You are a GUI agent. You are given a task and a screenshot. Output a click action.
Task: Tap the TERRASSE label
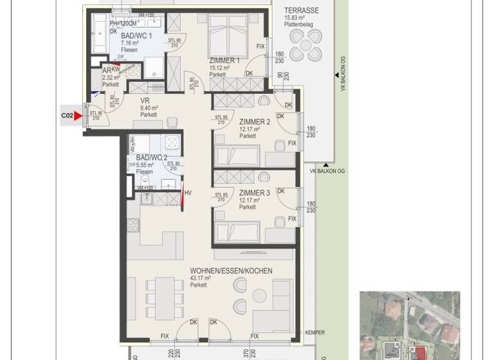(302, 11)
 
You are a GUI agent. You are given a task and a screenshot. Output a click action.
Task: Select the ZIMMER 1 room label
(224, 60)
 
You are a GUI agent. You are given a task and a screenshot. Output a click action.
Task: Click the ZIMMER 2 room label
(254, 122)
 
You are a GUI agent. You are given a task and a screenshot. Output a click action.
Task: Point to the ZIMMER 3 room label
(254, 193)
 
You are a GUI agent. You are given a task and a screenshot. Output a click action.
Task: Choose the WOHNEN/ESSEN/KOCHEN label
(231, 271)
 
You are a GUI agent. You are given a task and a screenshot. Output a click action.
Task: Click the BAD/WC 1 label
(136, 36)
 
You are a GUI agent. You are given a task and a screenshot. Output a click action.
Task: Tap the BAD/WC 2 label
(152, 157)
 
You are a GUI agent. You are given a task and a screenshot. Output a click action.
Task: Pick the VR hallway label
(145, 100)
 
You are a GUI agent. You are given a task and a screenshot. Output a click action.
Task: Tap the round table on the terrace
(306, 45)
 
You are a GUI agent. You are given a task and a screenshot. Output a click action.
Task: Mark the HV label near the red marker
(188, 193)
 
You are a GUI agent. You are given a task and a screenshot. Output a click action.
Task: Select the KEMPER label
(315, 332)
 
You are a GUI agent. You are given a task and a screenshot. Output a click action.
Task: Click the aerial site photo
(410, 325)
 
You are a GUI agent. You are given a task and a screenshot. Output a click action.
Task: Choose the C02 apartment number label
(66, 116)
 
